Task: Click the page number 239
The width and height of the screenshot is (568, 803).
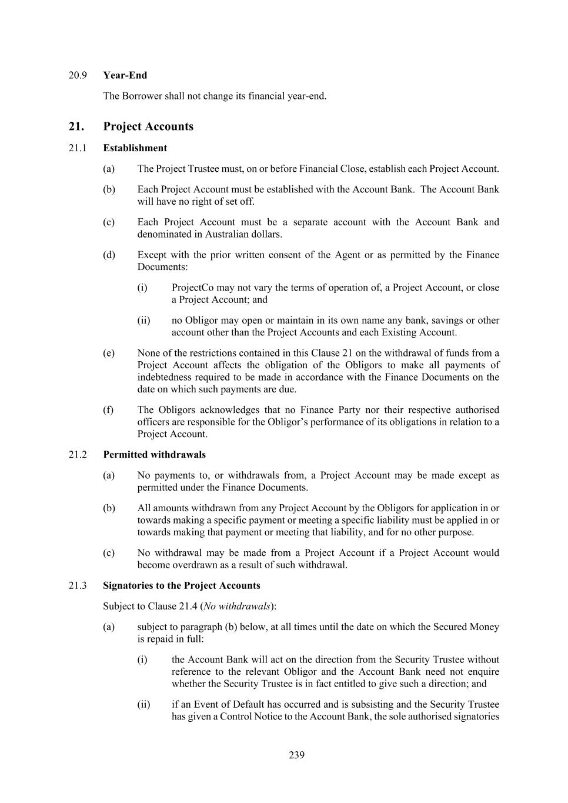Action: pyautogui.click(x=296, y=755)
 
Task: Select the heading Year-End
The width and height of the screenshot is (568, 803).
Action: pyautogui.click(x=125, y=75)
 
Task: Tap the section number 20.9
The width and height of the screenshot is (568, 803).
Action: pyautogui.click(x=78, y=75)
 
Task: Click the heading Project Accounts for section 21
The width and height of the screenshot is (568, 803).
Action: pyautogui.click(x=148, y=126)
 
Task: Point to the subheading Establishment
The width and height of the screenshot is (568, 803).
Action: pyautogui.click(x=135, y=148)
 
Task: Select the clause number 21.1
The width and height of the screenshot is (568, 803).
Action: pyautogui.click(x=78, y=148)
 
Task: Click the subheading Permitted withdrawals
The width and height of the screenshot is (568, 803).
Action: pyautogui.click(x=154, y=455)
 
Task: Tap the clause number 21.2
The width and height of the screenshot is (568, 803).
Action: pyautogui.click(x=78, y=455)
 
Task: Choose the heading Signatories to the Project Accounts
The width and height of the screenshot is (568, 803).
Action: pyautogui.click(x=181, y=585)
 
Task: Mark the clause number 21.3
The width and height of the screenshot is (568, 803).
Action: pyautogui.click(x=78, y=585)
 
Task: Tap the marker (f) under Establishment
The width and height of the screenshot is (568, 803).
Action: pyautogui.click(x=108, y=410)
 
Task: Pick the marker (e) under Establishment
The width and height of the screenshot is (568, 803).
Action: pyautogui.click(x=108, y=353)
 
